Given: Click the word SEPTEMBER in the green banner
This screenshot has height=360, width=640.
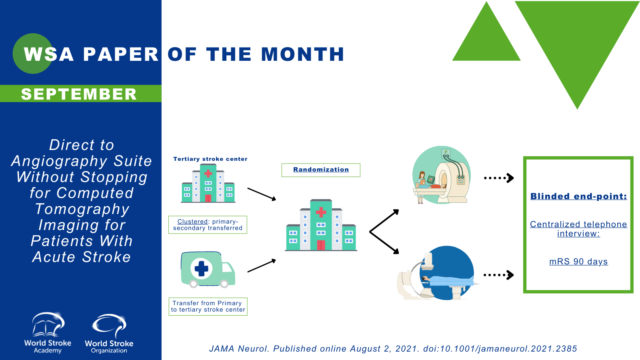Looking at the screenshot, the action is pos(79,94).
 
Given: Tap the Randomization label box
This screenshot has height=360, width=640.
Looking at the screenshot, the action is pos(321,170).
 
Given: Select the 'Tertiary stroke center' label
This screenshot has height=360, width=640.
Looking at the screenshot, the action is pos(210,159).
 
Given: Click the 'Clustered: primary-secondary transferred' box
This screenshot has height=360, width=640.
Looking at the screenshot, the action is pos(208,224).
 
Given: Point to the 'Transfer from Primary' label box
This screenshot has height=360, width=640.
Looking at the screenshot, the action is pos(208,306).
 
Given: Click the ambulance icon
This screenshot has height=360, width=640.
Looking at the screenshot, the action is pos(208,270).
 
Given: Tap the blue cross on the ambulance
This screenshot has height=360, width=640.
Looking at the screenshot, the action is pos(202,268).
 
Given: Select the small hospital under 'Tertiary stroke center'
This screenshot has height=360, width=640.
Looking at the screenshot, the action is pos(208,183).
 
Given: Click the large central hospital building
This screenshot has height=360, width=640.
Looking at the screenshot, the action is pos(321,225).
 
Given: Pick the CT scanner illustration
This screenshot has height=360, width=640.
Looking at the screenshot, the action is pos(442,175).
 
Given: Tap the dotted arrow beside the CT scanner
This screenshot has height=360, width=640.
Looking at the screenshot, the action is pos(499,178).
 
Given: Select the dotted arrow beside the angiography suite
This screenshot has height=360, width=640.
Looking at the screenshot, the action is pos(498,275).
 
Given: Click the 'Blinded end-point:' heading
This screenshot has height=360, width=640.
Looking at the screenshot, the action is pos(578,196).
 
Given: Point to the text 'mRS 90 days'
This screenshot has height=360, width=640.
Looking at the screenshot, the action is pos(578,262).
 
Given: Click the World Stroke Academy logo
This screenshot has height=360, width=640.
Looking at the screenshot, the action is pos(48,333).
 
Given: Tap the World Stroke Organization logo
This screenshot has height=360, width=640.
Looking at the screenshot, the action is pos(109,334).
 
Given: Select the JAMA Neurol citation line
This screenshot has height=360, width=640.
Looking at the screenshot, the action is pos(393,348).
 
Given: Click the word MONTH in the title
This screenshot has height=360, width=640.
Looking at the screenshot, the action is pos(303,54).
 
